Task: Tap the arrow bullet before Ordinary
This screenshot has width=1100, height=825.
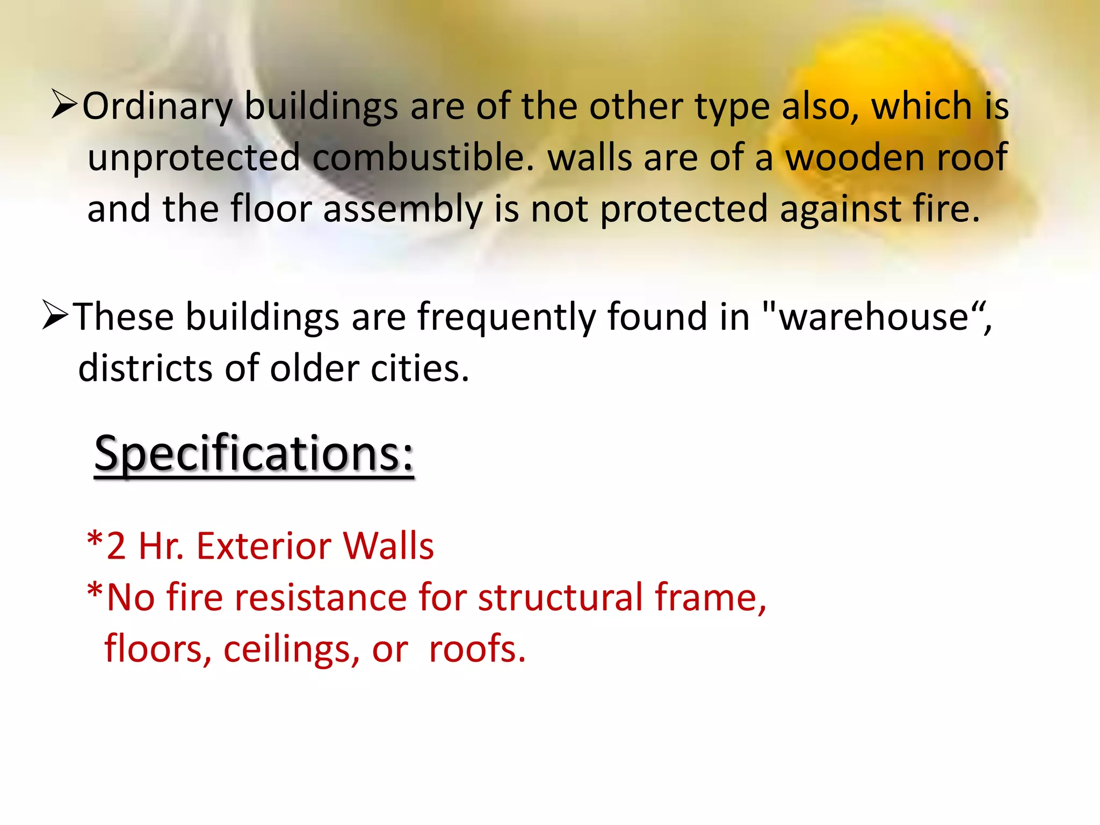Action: point(64,104)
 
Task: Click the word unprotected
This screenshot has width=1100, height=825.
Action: point(194,158)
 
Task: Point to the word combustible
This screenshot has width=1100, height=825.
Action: point(423,158)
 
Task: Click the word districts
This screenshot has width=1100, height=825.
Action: point(146,368)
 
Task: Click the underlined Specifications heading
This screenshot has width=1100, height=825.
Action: point(254,453)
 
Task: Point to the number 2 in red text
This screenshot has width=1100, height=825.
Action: point(116,546)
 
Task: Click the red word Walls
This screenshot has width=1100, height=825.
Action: point(388,546)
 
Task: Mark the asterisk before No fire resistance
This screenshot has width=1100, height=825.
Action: point(95,592)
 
